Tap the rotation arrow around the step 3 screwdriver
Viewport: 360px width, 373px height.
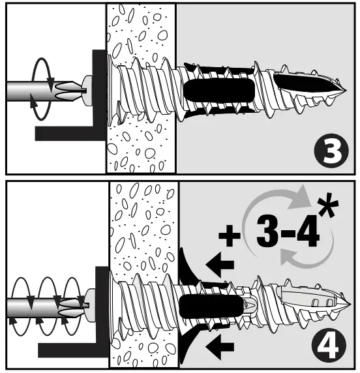click(x=41, y=88)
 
